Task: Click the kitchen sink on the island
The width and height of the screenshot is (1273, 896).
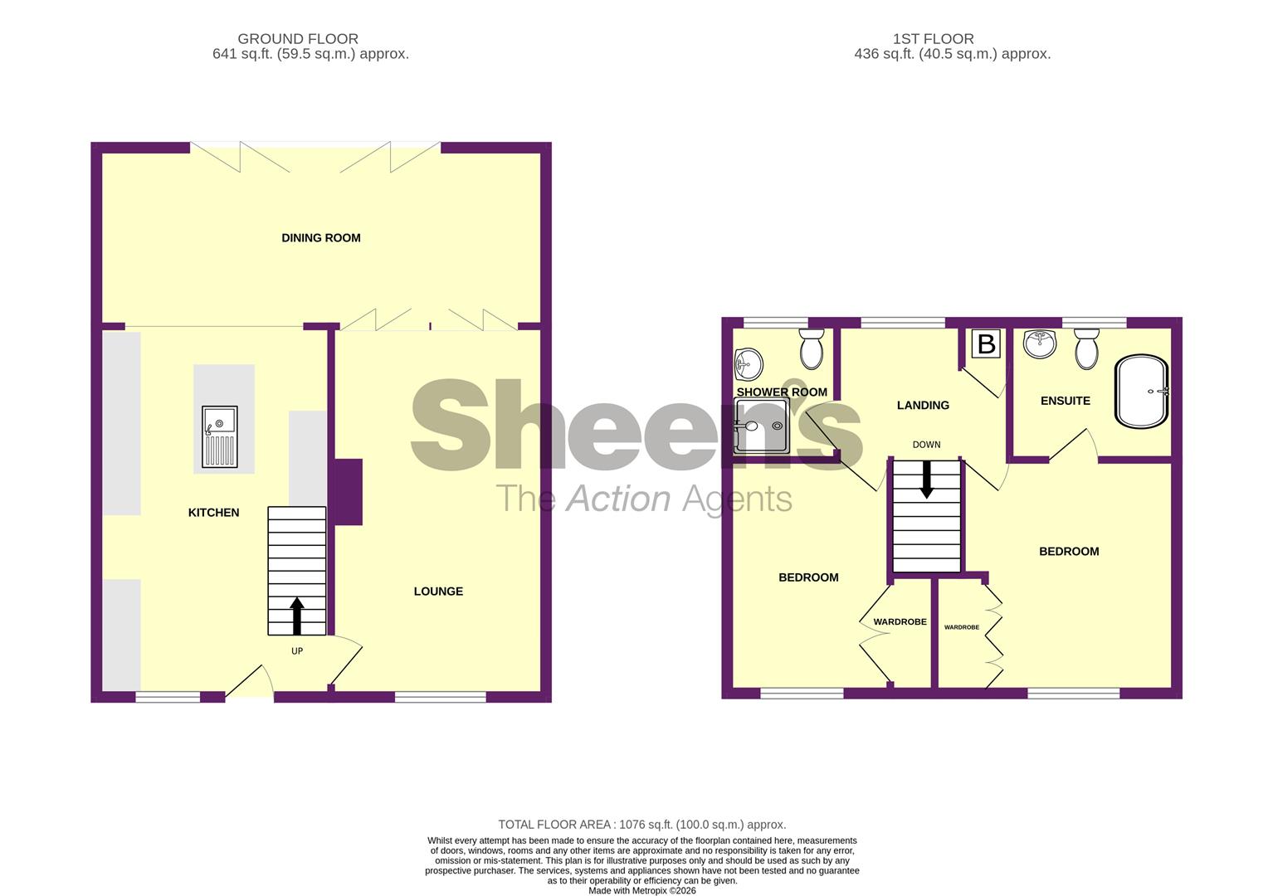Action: pyautogui.click(x=220, y=437)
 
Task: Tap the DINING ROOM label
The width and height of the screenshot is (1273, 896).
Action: pyautogui.click(x=321, y=238)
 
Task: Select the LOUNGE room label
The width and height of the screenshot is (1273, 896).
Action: pyautogui.click(x=438, y=592)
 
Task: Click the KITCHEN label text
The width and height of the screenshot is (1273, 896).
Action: pyautogui.click(x=213, y=513)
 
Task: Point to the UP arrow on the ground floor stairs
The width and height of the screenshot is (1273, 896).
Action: pyautogui.click(x=297, y=615)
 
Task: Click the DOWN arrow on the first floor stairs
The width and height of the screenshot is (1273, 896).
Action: pyautogui.click(x=926, y=480)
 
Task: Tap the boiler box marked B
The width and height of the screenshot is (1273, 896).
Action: pyautogui.click(x=986, y=343)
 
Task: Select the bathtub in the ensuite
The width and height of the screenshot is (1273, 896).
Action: pyautogui.click(x=1142, y=391)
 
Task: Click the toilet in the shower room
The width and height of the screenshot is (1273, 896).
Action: pyautogui.click(x=812, y=348)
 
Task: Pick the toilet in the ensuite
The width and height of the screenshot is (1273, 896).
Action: pyautogui.click(x=1086, y=348)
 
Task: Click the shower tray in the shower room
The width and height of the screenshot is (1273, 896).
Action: pyautogui.click(x=761, y=426)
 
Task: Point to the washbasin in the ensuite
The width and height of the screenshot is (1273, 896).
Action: pyautogui.click(x=1039, y=343)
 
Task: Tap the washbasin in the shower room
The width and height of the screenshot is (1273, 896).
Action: pyautogui.click(x=749, y=363)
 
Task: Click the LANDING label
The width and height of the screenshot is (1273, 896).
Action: pyautogui.click(x=923, y=406)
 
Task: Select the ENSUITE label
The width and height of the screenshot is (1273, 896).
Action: pyautogui.click(x=1065, y=401)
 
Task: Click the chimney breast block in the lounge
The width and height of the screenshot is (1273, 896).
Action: pyautogui.click(x=347, y=491)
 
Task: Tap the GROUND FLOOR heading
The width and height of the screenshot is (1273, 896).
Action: pyautogui.click(x=298, y=39)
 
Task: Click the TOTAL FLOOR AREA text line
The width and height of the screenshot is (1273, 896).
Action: pyautogui.click(x=641, y=825)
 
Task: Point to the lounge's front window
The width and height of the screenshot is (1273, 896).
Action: pyautogui.click(x=440, y=697)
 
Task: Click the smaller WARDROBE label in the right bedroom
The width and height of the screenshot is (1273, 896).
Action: pyautogui.click(x=961, y=628)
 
